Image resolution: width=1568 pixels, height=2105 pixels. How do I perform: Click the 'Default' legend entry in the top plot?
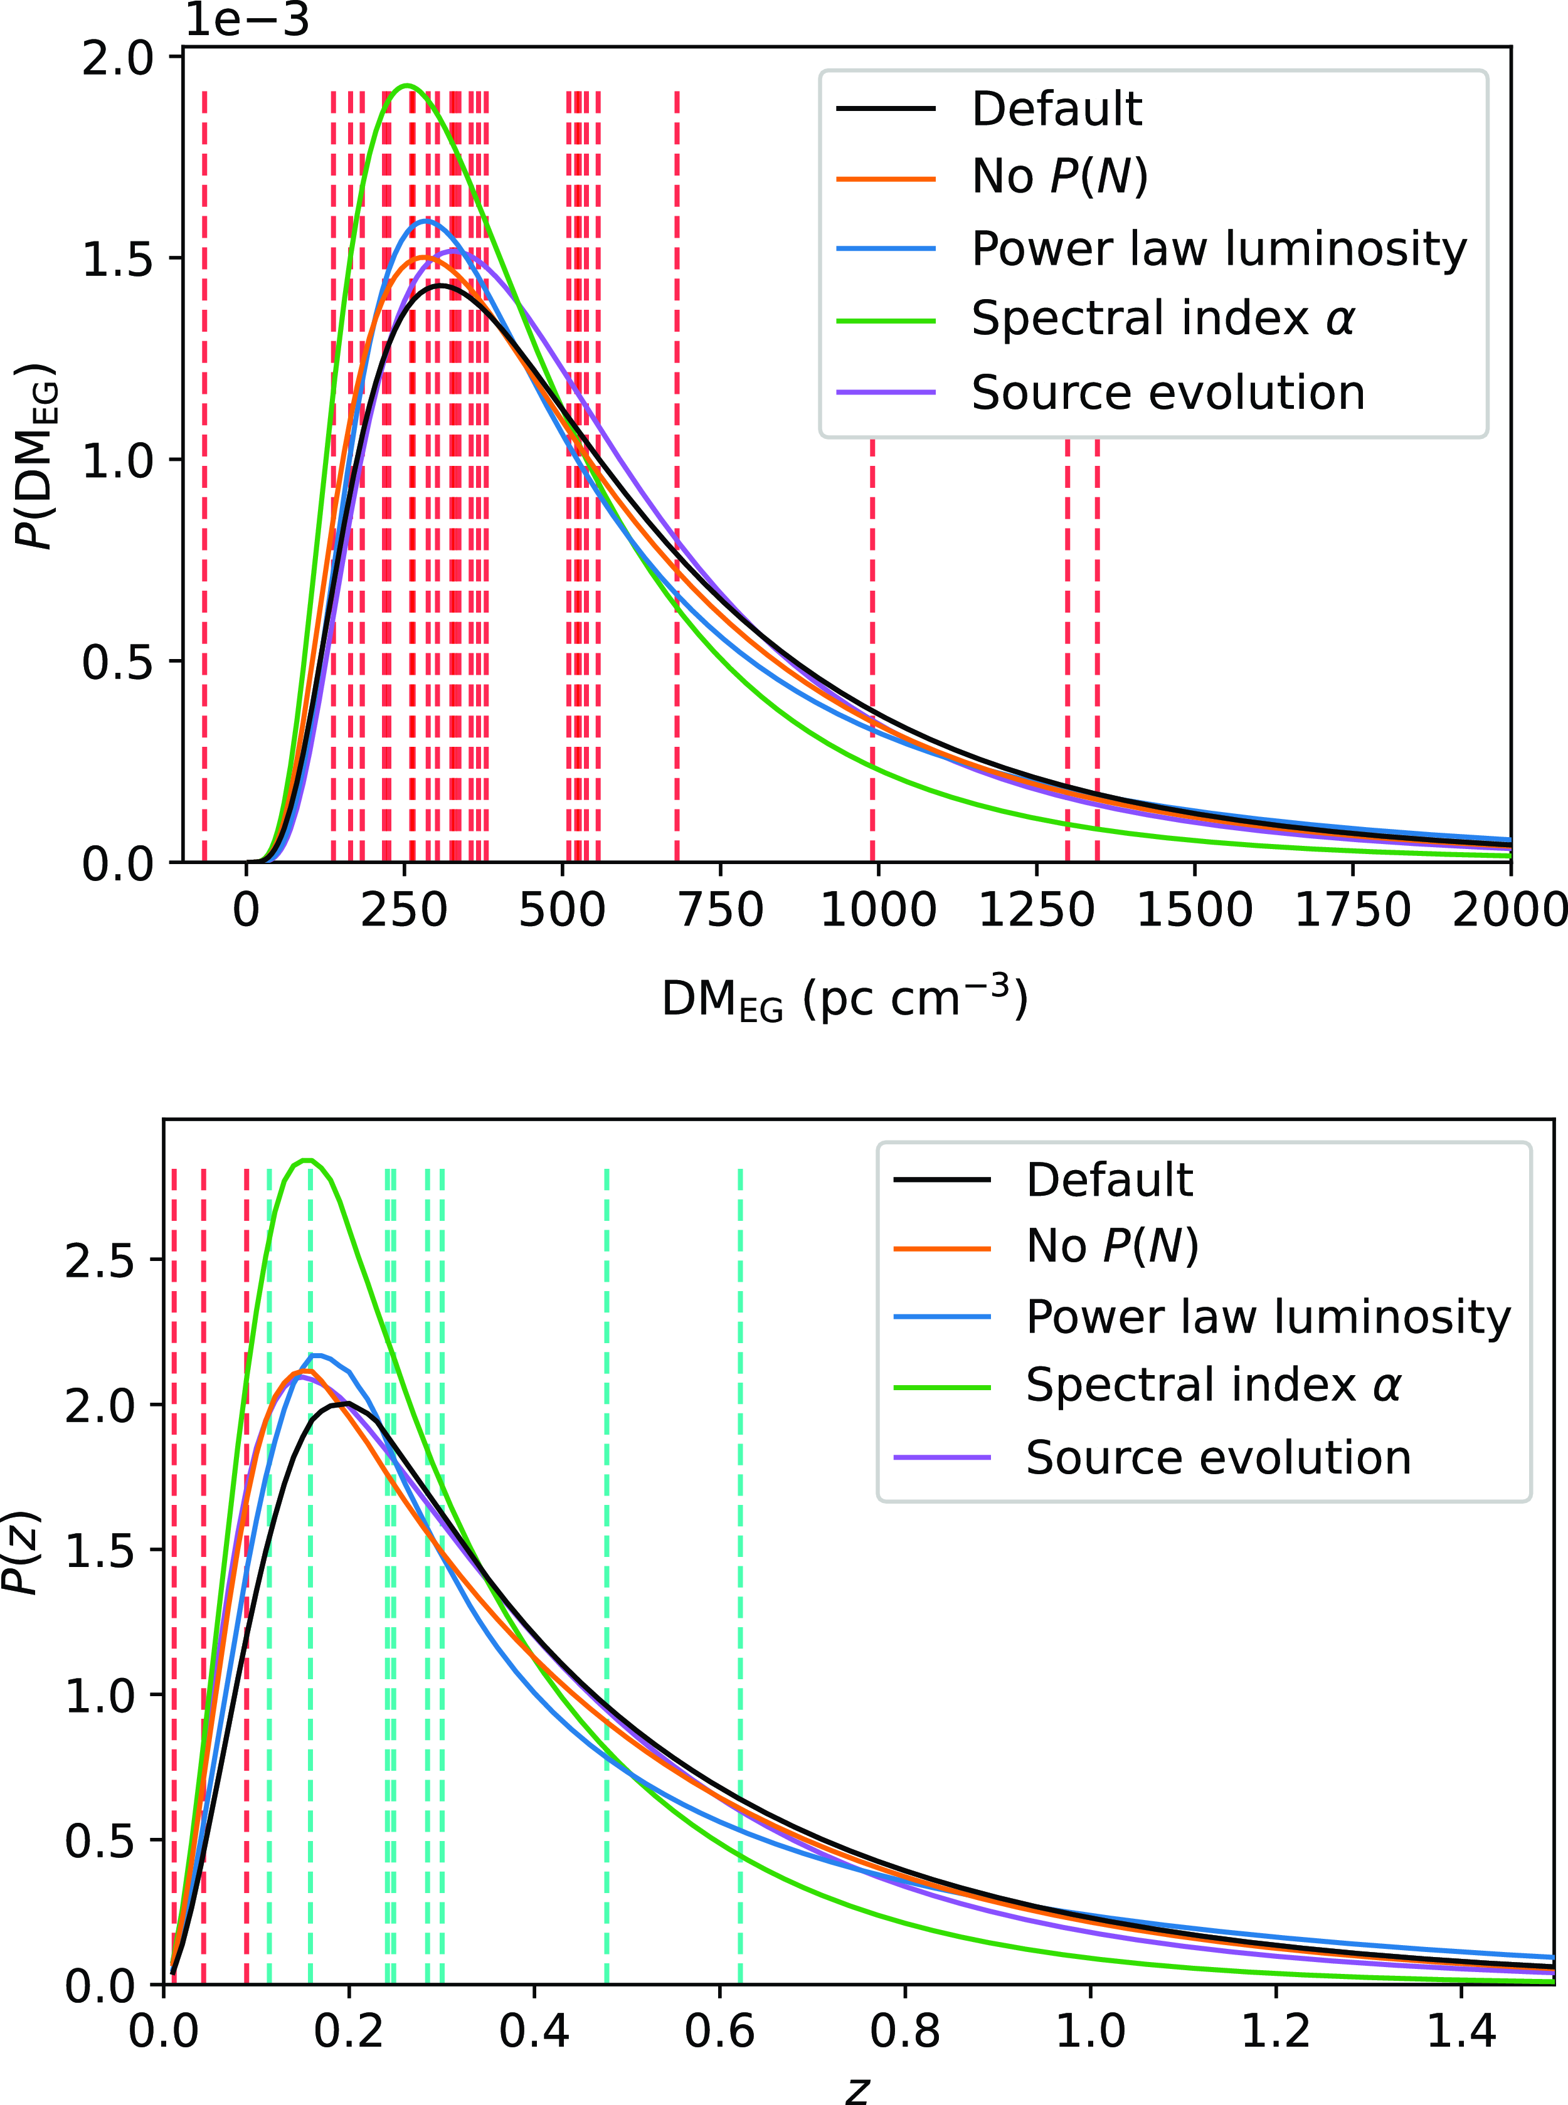coord(1056,108)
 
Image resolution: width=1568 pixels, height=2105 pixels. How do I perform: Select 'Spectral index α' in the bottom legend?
coord(1212,1386)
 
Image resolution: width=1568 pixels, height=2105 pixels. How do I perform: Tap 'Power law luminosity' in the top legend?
coord(1219,249)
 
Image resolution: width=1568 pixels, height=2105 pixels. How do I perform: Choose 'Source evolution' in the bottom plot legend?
coord(1218,1458)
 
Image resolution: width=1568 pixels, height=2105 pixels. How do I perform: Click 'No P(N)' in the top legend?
coord(1059,177)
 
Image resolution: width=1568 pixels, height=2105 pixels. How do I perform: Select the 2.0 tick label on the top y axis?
coord(118,59)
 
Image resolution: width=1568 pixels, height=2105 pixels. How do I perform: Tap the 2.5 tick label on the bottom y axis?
coord(100,1261)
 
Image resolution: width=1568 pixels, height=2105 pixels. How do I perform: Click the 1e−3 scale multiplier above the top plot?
coord(246,21)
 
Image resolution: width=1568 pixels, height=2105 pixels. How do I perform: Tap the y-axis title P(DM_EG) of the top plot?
coord(36,455)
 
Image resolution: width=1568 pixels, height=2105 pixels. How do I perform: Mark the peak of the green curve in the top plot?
coord(407,85)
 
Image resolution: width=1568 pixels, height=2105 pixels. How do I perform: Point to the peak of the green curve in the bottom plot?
coord(307,1160)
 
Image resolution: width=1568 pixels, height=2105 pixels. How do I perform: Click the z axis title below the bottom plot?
coord(857,2087)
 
